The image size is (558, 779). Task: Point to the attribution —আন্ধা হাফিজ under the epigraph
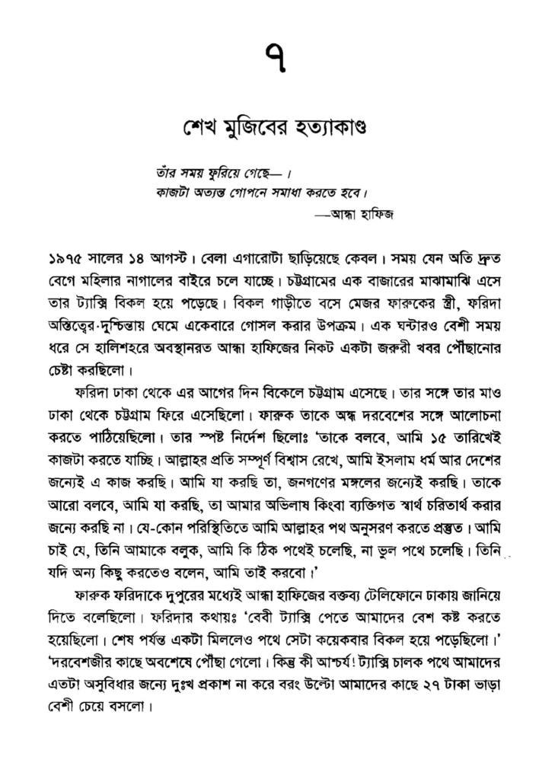(x=356, y=214)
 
